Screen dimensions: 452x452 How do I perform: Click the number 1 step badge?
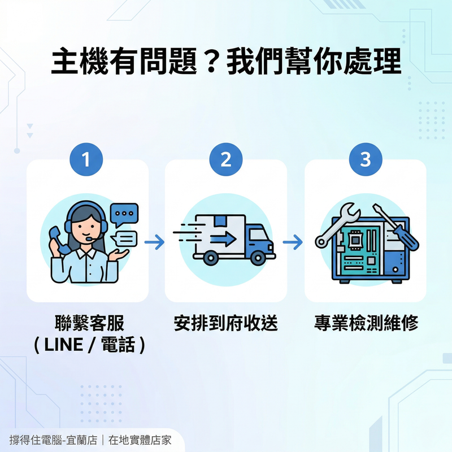pyautogui.click(x=86, y=160)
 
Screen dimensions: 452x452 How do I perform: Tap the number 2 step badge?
pyautogui.click(x=226, y=160)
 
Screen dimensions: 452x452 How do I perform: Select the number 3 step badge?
pyautogui.click(x=366, y=160)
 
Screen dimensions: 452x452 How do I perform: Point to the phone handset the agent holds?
pyautogui.click(x=58, y=239)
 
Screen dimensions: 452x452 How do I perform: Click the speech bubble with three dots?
pyautogui.click(x=124, y=215)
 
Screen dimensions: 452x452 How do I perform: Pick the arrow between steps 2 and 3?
pyautogui.click(x=293, y=243)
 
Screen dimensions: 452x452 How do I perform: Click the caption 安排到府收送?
pyautogui.click(x=226, y=324)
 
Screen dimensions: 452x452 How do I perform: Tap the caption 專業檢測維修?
pyautogui.click(x=366, y=324)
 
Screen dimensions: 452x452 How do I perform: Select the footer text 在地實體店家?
pyautogui.click(x=140, y=440)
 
